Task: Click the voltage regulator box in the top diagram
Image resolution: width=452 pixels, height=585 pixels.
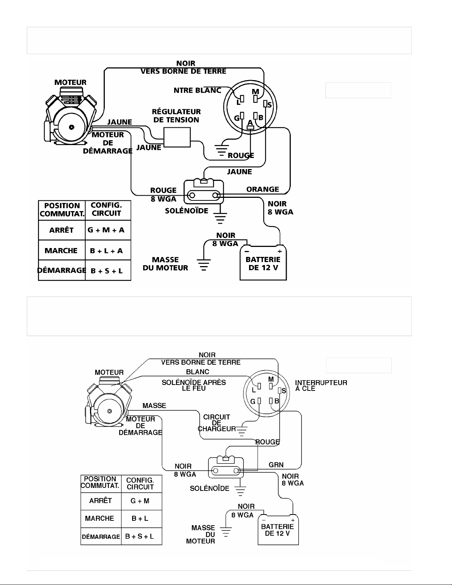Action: point(177,137)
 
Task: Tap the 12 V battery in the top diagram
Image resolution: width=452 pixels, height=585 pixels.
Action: point(263,263)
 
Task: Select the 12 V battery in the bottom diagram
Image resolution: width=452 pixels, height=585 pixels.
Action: point(278,530)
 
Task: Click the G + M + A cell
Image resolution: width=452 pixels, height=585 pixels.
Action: point(106,230)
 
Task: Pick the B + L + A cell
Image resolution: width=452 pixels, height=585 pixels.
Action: point(106,251)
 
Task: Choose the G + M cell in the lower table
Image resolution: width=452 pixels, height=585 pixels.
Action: point(140,501)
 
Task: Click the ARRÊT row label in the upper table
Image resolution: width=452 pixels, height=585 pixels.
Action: point(61,230)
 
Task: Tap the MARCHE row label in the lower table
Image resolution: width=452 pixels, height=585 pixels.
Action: point(100,518)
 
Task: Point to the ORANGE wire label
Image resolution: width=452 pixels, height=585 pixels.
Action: point(263,189)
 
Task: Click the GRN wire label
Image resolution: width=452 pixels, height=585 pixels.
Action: point(276,465)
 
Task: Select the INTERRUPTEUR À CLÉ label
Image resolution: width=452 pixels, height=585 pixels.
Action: point(321,386)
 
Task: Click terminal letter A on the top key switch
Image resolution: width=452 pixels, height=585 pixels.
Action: point(250,123)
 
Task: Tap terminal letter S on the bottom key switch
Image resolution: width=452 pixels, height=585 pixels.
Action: point(284,391)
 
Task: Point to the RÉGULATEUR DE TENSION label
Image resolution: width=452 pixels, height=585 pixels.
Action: point(176,116)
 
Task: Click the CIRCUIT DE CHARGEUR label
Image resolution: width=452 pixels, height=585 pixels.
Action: point(217,423)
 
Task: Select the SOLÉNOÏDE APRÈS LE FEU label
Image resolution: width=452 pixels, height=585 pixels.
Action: point(194,385)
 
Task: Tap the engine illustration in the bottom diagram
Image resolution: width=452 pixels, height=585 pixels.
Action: point(108,401)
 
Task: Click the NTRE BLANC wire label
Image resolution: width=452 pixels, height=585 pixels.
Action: point(197,90)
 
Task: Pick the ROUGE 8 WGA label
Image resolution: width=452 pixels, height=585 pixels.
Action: point(163,195)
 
